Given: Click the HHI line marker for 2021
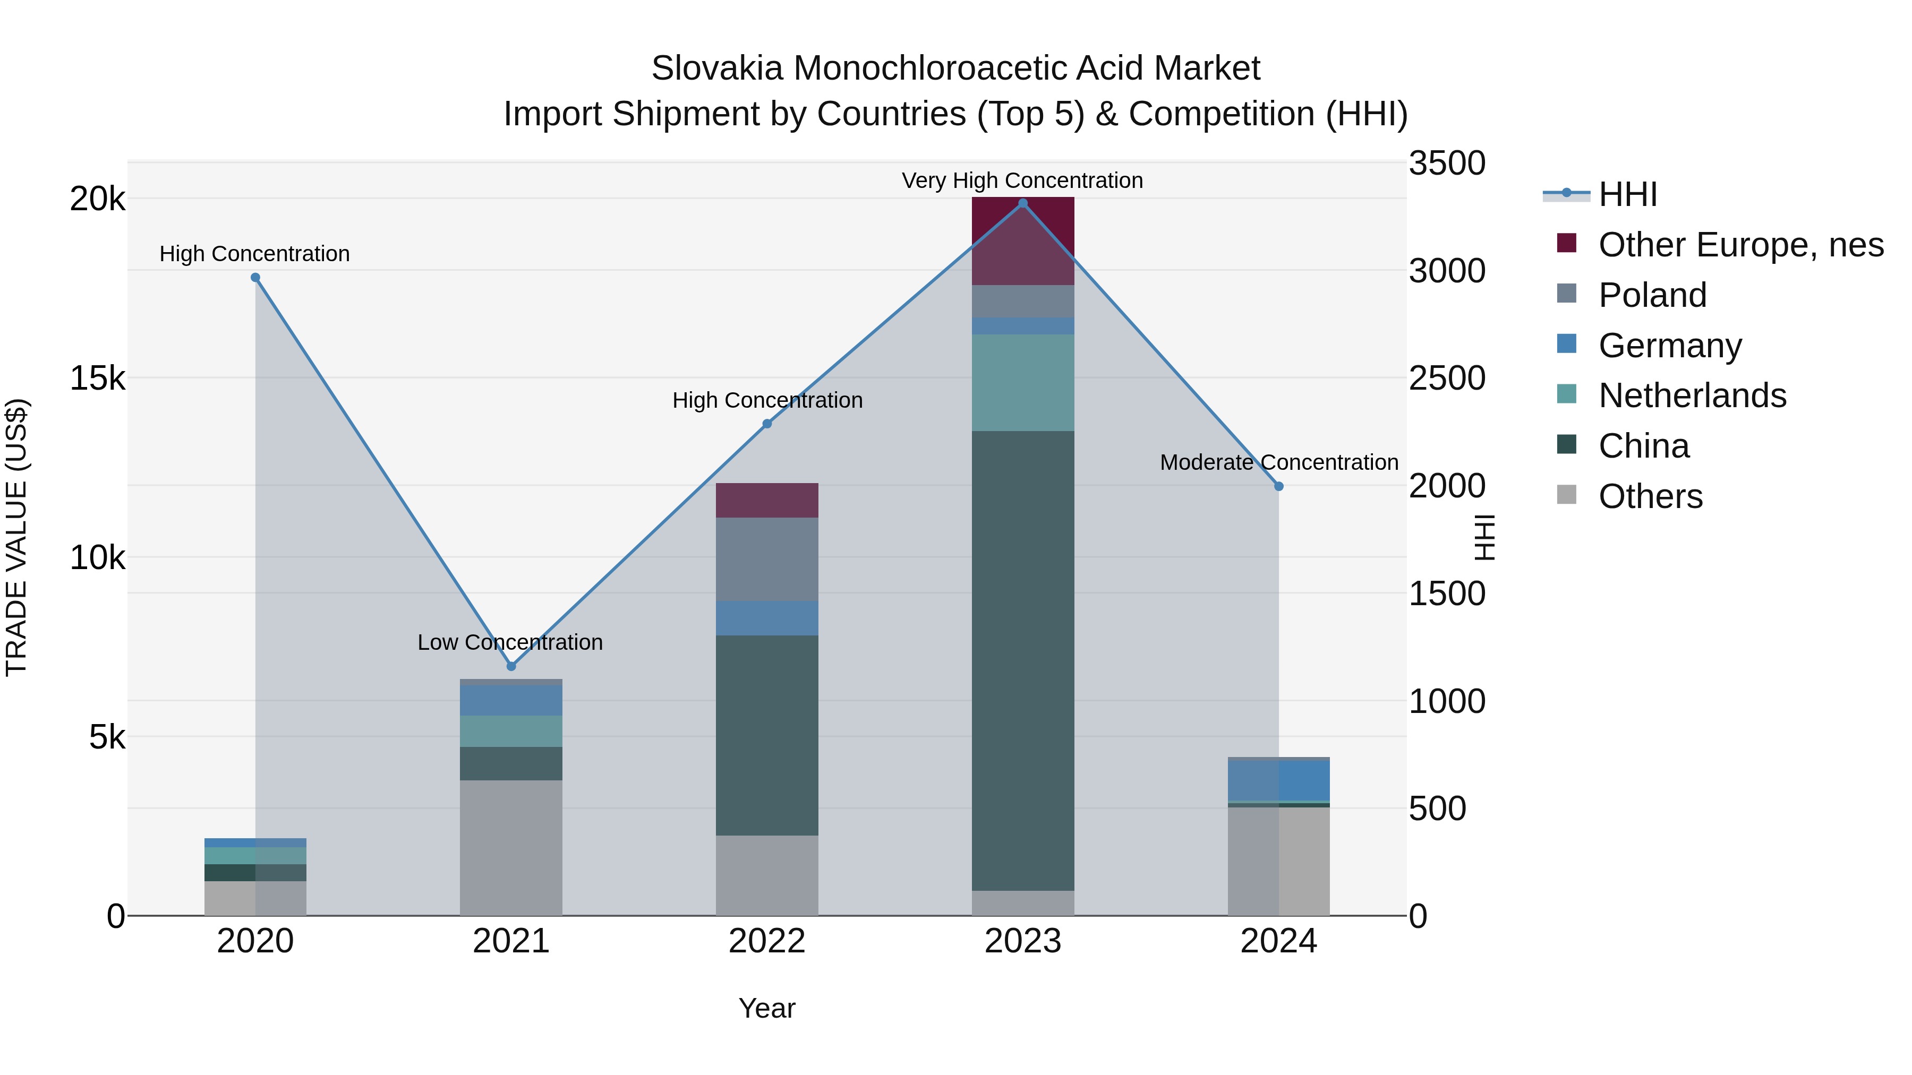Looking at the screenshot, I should point(510,666).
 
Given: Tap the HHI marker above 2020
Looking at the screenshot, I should point(255,278).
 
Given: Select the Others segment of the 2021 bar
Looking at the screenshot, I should point(510,847).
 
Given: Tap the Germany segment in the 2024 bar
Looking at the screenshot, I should point(1278,780).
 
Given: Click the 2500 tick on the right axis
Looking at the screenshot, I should point(1447,379).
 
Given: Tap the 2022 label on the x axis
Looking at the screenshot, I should point(767,941).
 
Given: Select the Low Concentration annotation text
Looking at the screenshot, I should point(510,642).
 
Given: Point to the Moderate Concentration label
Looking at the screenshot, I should point(1278,462).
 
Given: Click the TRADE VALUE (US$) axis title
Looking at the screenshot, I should point(16,537).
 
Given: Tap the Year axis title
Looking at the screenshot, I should point(767,1008).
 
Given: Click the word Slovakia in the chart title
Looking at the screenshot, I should point(716,68).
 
